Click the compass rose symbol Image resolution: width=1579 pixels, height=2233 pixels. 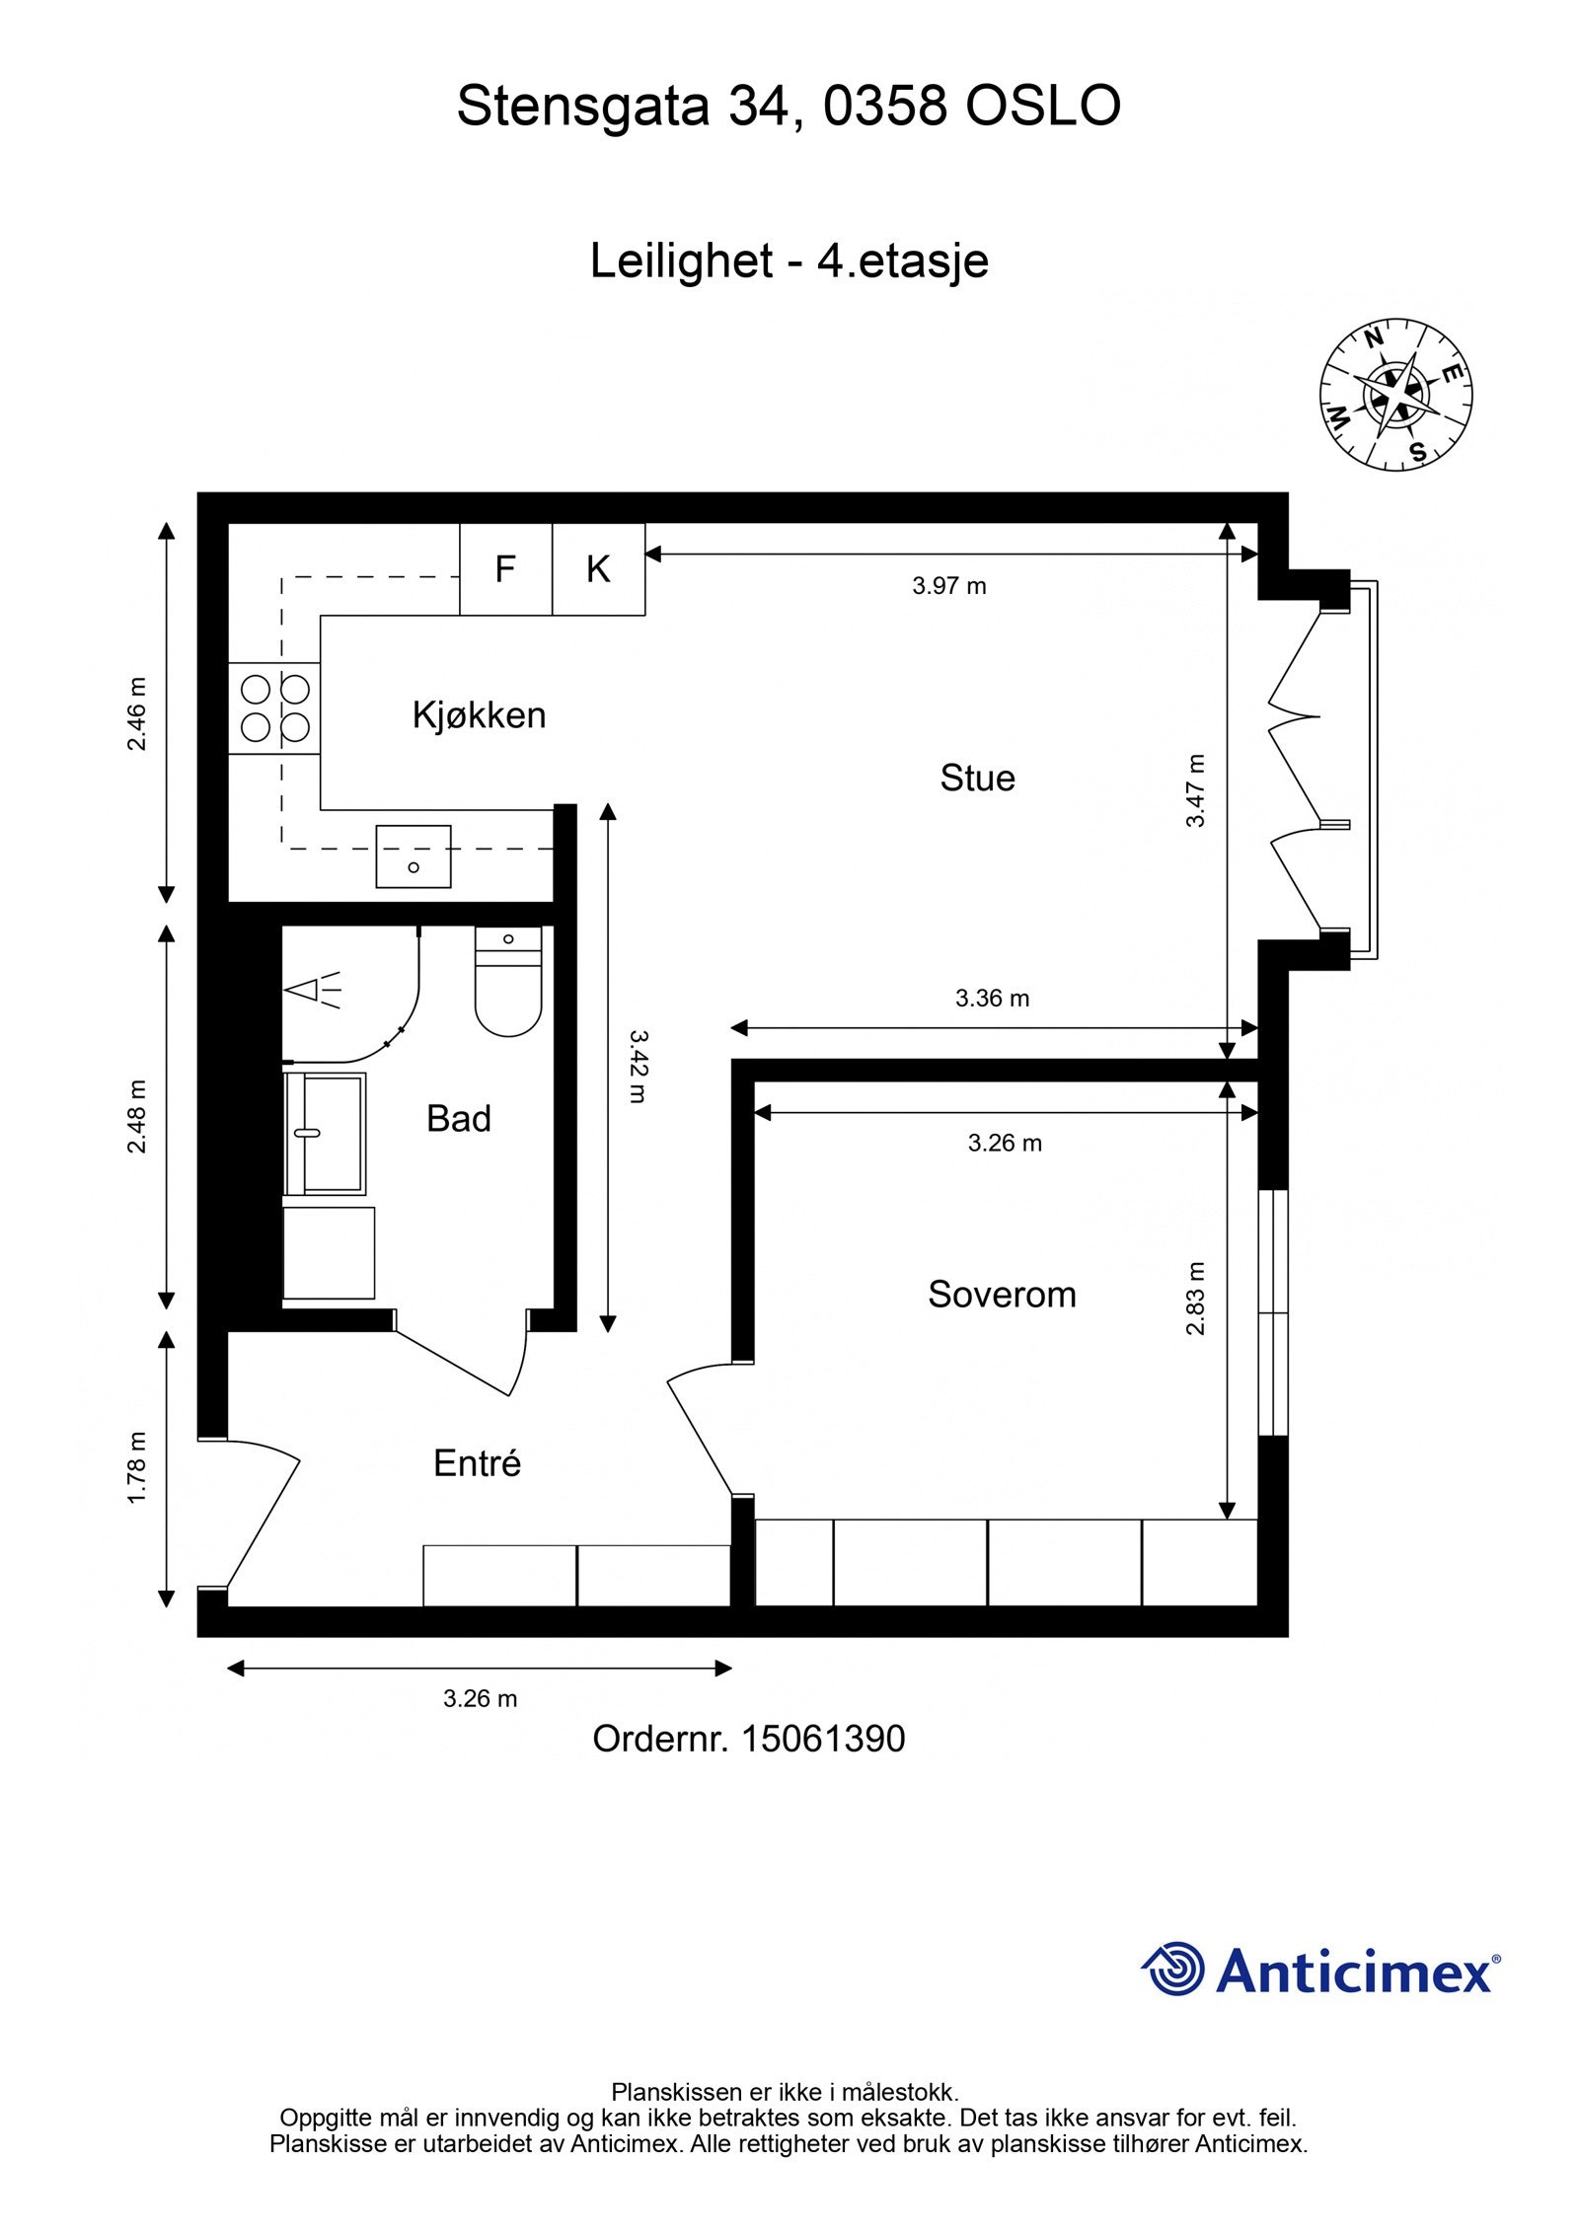pyautogui.click(x=1395, y=395)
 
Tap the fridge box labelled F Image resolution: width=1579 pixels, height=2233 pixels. pyautogui.click(x=505, y=569)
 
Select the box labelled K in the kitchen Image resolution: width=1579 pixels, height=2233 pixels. pyautogui.click(x=598, y=569)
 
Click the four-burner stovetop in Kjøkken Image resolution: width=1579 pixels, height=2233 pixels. pyautogui.click(x=275, y=708)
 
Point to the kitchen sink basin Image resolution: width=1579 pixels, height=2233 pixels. pyautogui.click(x=414, y=856)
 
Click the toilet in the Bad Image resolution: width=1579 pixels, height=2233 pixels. pyautogui.click(x=508, y=981)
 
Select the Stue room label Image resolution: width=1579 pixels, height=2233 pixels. pyautogui.click(x=977, y=779)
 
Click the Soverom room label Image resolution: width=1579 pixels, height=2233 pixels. pyautogui.click(x=1002, y=1295)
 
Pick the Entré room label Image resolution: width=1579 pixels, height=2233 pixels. pyautogui.click(x=477, y=1463)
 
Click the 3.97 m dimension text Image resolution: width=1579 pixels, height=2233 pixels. pyautogui.click(x=948, y=586)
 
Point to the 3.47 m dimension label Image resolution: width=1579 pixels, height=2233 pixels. pyautogui.click(x=1195, y=790)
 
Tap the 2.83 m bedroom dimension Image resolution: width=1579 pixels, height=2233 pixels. pyautogui.click(x=1195, y=1299)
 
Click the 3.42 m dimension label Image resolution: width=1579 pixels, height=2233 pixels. pyautogui.click(x=637, y=1067)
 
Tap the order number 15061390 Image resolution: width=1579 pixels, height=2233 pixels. pyautogui.click(x=823, y=1739)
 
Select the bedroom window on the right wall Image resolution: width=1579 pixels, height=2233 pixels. pyautogui.click(x=1273, y=1312)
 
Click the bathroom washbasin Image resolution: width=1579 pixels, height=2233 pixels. pyautogui.click(x=325, y=1134)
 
